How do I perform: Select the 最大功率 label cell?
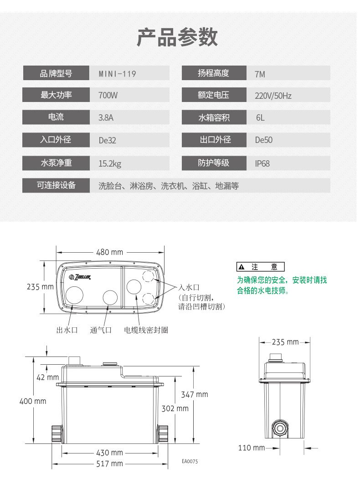point(56,95)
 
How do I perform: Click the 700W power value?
point(108,96)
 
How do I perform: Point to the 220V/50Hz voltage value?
point(273,96)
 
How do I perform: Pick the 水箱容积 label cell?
point(213,117)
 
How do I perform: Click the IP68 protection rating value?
point(262,163)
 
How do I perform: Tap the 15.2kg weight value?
point(110,163)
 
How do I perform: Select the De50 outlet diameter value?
point(263,140)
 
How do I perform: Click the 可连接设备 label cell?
point(56,185)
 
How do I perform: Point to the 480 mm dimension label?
point(110,252)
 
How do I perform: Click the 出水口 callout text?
point(67,330)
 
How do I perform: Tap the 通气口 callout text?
point(101,330)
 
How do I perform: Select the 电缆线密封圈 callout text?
point(146,330)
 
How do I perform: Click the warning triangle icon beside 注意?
point(242,267)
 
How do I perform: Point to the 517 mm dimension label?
point(110,464)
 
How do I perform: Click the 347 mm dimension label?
point(195,394)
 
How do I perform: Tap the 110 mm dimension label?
point(251,448)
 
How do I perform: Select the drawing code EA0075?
point(190,461)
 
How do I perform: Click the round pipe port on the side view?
point(278,428)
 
